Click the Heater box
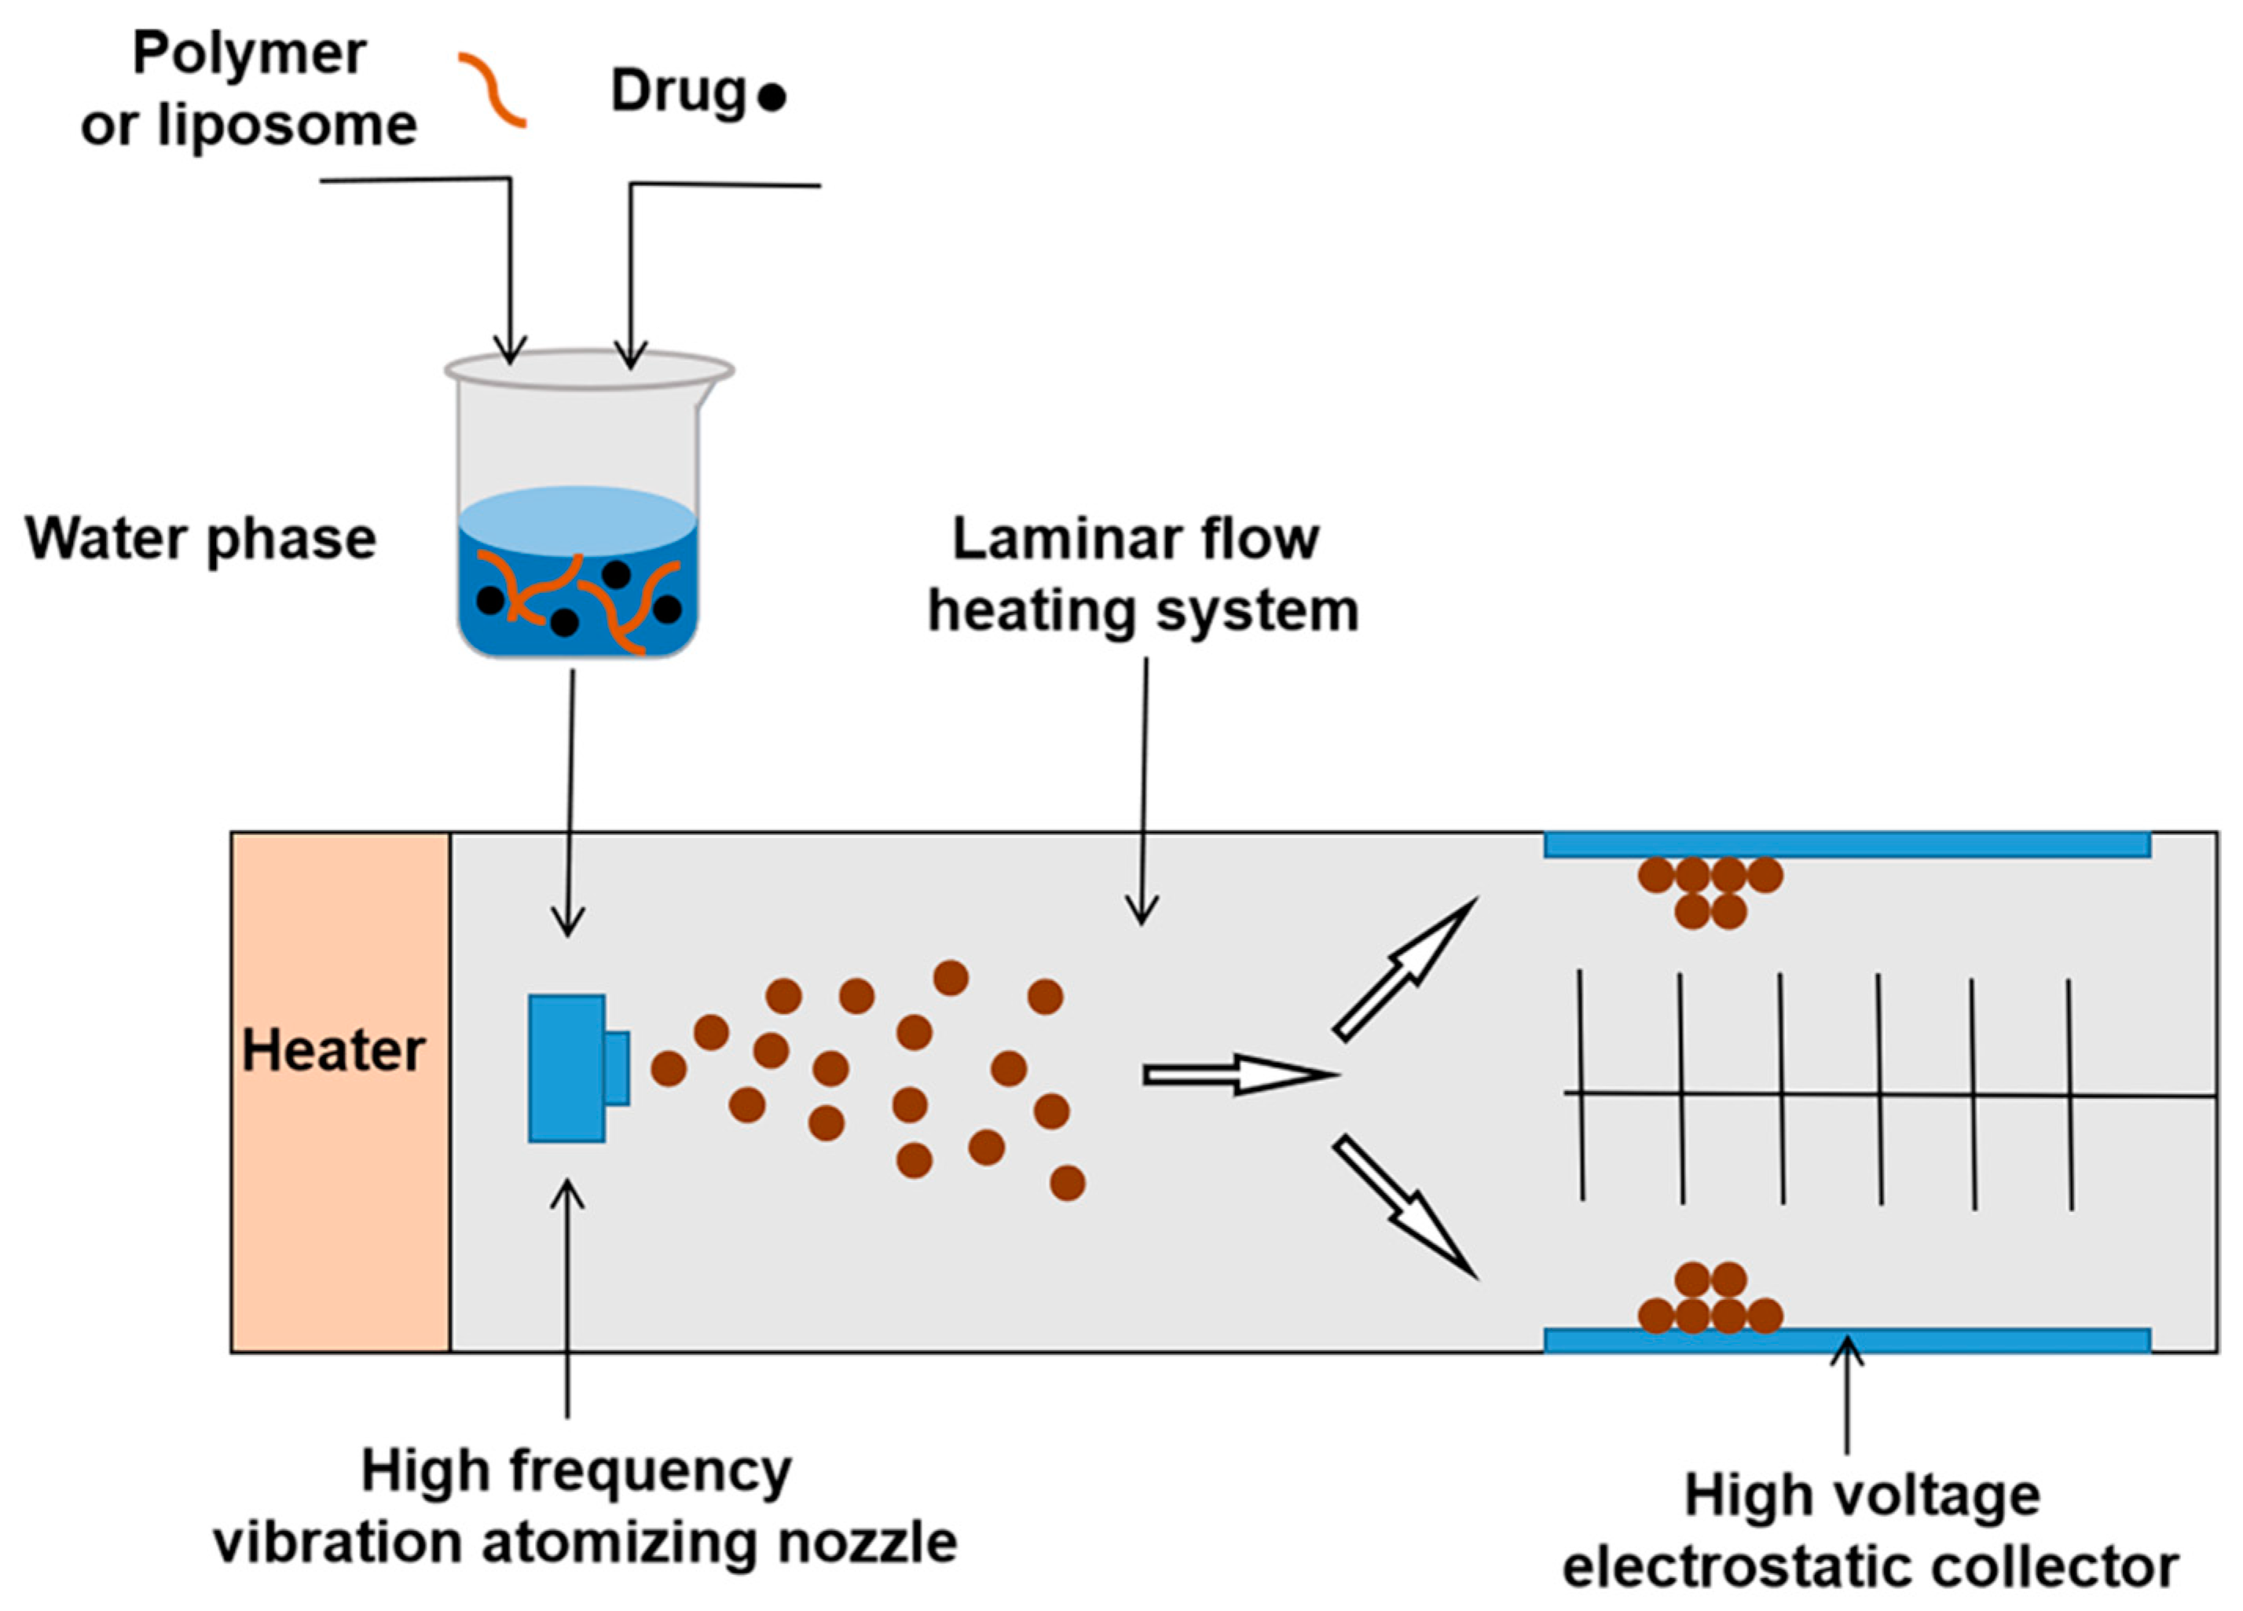click(339, 1091)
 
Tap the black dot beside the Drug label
click(771, 97)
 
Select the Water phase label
click(201, 539)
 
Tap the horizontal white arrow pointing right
click(1237, 1075)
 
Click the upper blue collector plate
click(1846, 844)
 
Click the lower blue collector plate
click(1846, 1341)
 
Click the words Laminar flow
click(1135, 539)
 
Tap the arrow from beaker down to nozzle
click(570, 801)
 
